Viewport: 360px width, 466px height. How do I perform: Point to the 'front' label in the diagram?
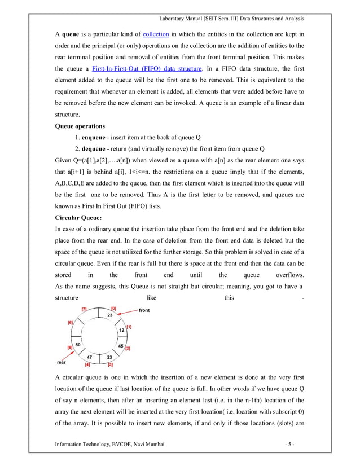point(144,310)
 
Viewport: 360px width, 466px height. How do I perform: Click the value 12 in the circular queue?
point(121,329)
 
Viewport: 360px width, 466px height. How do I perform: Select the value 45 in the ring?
point(121,345)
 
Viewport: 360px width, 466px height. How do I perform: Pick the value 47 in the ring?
point(89,358)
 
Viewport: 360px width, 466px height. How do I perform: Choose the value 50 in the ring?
point(78,344)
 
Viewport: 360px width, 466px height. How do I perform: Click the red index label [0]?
point(113,309)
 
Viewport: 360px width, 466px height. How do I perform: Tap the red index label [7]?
point(84,309)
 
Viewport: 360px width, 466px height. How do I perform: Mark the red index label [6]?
point(71,322)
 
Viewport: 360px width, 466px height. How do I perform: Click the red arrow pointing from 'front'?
point(128,311)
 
